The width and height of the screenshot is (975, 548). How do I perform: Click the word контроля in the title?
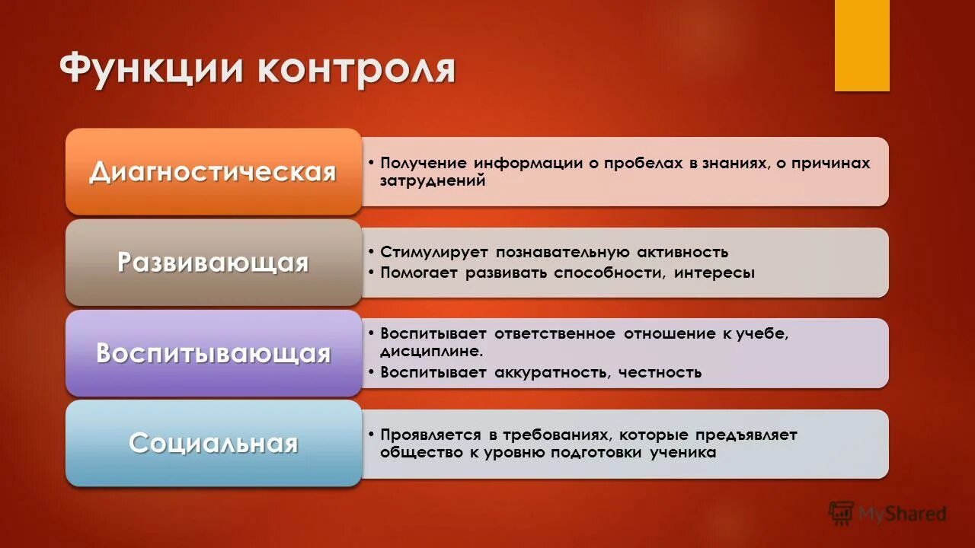pos(356,69)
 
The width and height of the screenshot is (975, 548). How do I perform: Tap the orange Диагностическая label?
pos(213,172)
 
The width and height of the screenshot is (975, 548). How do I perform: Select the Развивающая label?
pos(213,263)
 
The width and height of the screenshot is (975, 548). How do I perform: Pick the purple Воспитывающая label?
pos(213,353)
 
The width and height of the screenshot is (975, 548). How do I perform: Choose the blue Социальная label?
pos(213,443)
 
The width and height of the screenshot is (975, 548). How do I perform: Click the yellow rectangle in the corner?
pos(862,46)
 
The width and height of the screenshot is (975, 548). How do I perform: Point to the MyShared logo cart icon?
pos(841,514)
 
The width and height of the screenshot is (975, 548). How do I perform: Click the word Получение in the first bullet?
pos(423,164)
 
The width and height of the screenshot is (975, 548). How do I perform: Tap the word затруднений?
pos(433,181)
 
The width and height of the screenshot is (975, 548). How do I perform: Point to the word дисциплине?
pos(431,352)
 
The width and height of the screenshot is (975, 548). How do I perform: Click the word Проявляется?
pos(430,435)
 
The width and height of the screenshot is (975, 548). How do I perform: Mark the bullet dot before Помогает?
pos(369,272)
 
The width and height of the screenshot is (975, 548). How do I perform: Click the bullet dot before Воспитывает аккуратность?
pos(369,372)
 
